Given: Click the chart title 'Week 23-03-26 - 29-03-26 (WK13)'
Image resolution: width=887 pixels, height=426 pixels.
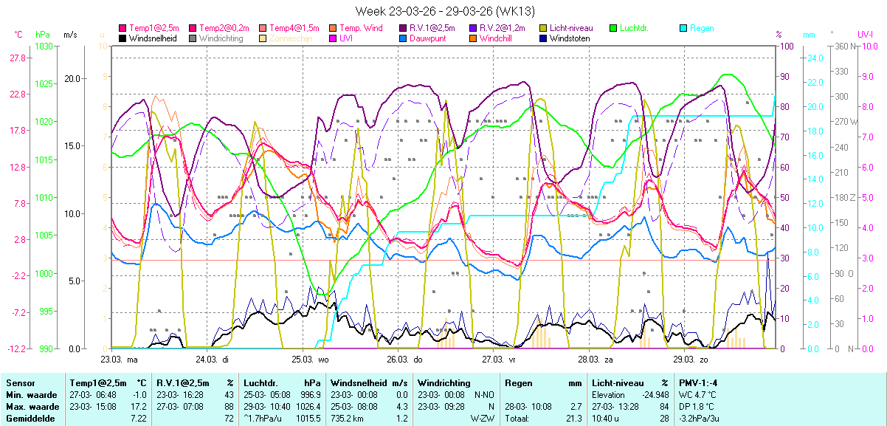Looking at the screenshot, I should click(x=444, y=11).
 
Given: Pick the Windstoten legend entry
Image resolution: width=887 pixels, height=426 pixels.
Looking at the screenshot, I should click(x=570, y=38).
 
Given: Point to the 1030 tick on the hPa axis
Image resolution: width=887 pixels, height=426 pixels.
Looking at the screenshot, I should click(x=44, y=47).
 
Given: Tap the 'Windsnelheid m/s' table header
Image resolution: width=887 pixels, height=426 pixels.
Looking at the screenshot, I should click(x=369, y=383).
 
